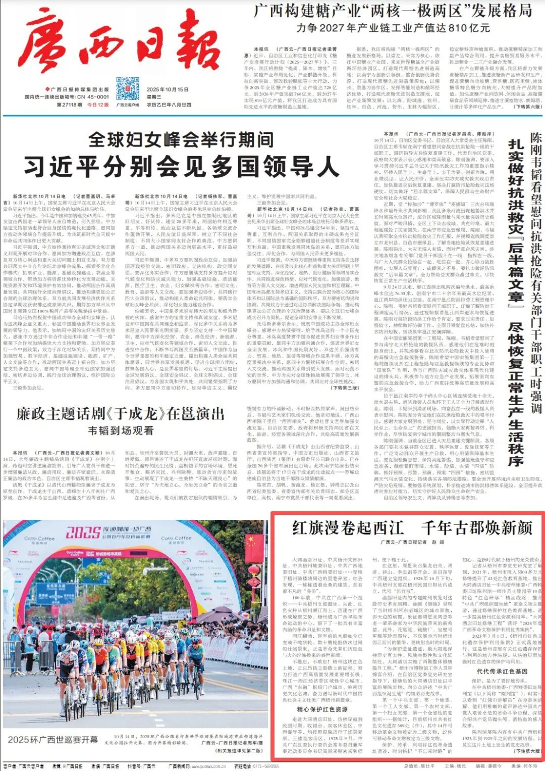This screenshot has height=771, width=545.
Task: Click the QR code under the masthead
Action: pos(128,88)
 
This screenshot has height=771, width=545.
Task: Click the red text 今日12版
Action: pos(98,105)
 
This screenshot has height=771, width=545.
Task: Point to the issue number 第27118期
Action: pos(69,105)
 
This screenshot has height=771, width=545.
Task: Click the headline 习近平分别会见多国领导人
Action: pos(181,165)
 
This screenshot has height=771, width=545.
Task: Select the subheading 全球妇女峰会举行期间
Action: pos(181,139)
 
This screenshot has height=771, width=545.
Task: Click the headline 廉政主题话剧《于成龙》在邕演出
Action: pos(121,414)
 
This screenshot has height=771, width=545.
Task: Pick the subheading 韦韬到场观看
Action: pos(121,430)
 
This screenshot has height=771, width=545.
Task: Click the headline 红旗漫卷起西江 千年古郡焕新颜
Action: pos(412,528)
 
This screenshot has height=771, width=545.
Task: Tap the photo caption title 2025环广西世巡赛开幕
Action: pos(53,740)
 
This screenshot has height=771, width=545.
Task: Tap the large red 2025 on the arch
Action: pos(83,533)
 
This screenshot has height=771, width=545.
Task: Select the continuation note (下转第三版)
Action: pos(344,388)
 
